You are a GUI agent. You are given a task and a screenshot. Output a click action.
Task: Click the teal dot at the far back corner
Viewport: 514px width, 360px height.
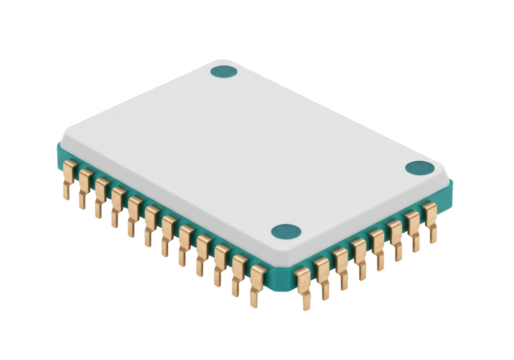click(225, 72)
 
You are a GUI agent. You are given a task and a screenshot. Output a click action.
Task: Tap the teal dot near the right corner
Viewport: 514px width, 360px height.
click(420, 169)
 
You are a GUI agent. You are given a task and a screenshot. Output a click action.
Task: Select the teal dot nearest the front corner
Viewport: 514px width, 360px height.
click(286, 232)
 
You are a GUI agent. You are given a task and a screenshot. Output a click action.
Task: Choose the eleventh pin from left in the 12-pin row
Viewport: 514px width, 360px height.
click(238, 272)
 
